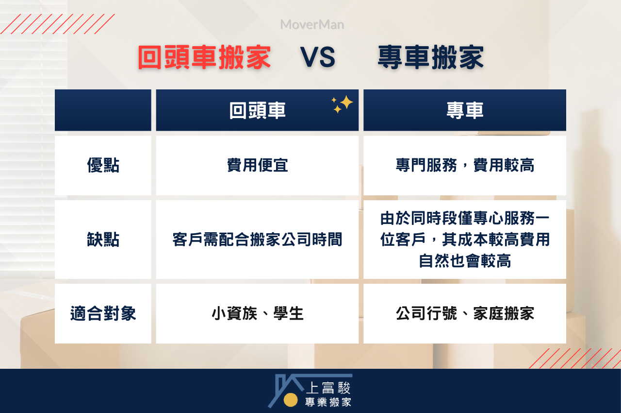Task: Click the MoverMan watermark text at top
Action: pos(312,25)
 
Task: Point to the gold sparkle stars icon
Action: pos(343,104)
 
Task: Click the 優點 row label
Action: pos(103,166)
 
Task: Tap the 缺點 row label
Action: pos(103,240)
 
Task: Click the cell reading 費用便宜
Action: pos(257,166)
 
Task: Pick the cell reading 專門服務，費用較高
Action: pos(465,166)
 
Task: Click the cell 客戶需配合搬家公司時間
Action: pos(257,240)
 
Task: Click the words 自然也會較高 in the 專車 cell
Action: pos(465,261)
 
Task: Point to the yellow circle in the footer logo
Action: pos(291,399)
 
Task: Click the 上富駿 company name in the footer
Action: pos(328,387)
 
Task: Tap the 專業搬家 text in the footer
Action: pos(328,402)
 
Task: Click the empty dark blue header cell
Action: pos(103,110)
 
